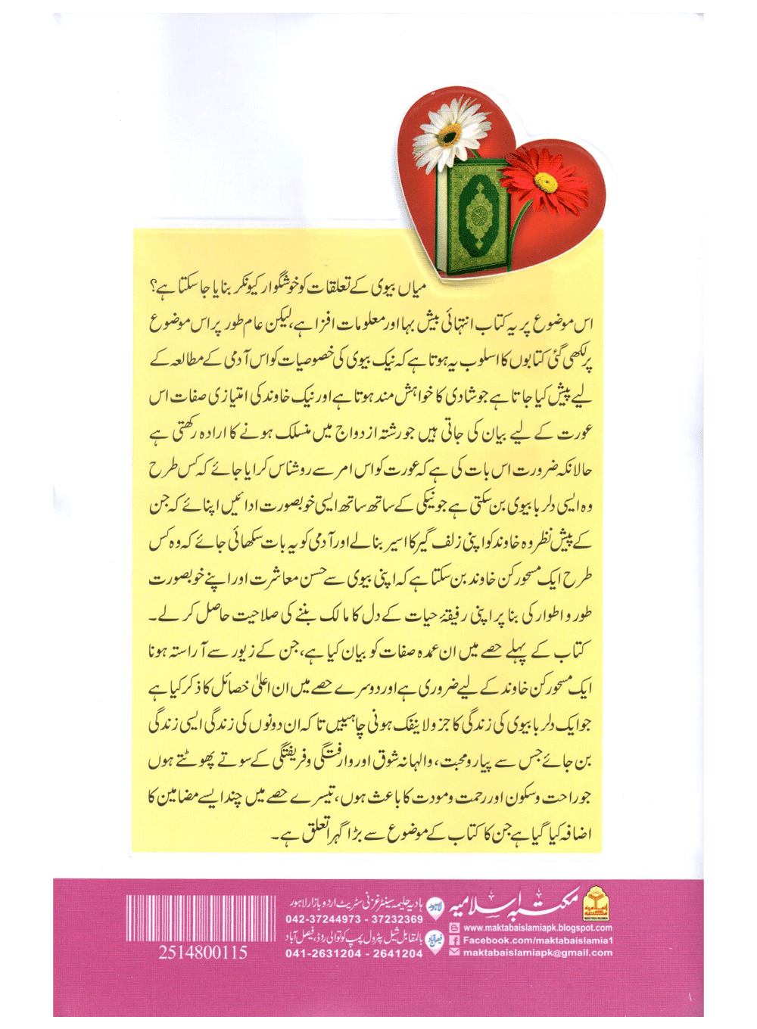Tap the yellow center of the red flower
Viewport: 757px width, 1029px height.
click(546, 181)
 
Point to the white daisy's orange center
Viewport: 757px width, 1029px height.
click(449, 135)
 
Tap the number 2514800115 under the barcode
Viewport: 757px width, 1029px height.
click(203, 953)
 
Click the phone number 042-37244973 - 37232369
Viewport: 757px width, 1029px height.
click(355, 919)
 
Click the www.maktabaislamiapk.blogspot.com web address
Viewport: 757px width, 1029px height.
click(537, 928)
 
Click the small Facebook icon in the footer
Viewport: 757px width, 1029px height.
click(455, 940)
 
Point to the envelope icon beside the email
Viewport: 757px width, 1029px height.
click(455, 953)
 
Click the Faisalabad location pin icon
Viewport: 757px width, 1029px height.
click(435, 940)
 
